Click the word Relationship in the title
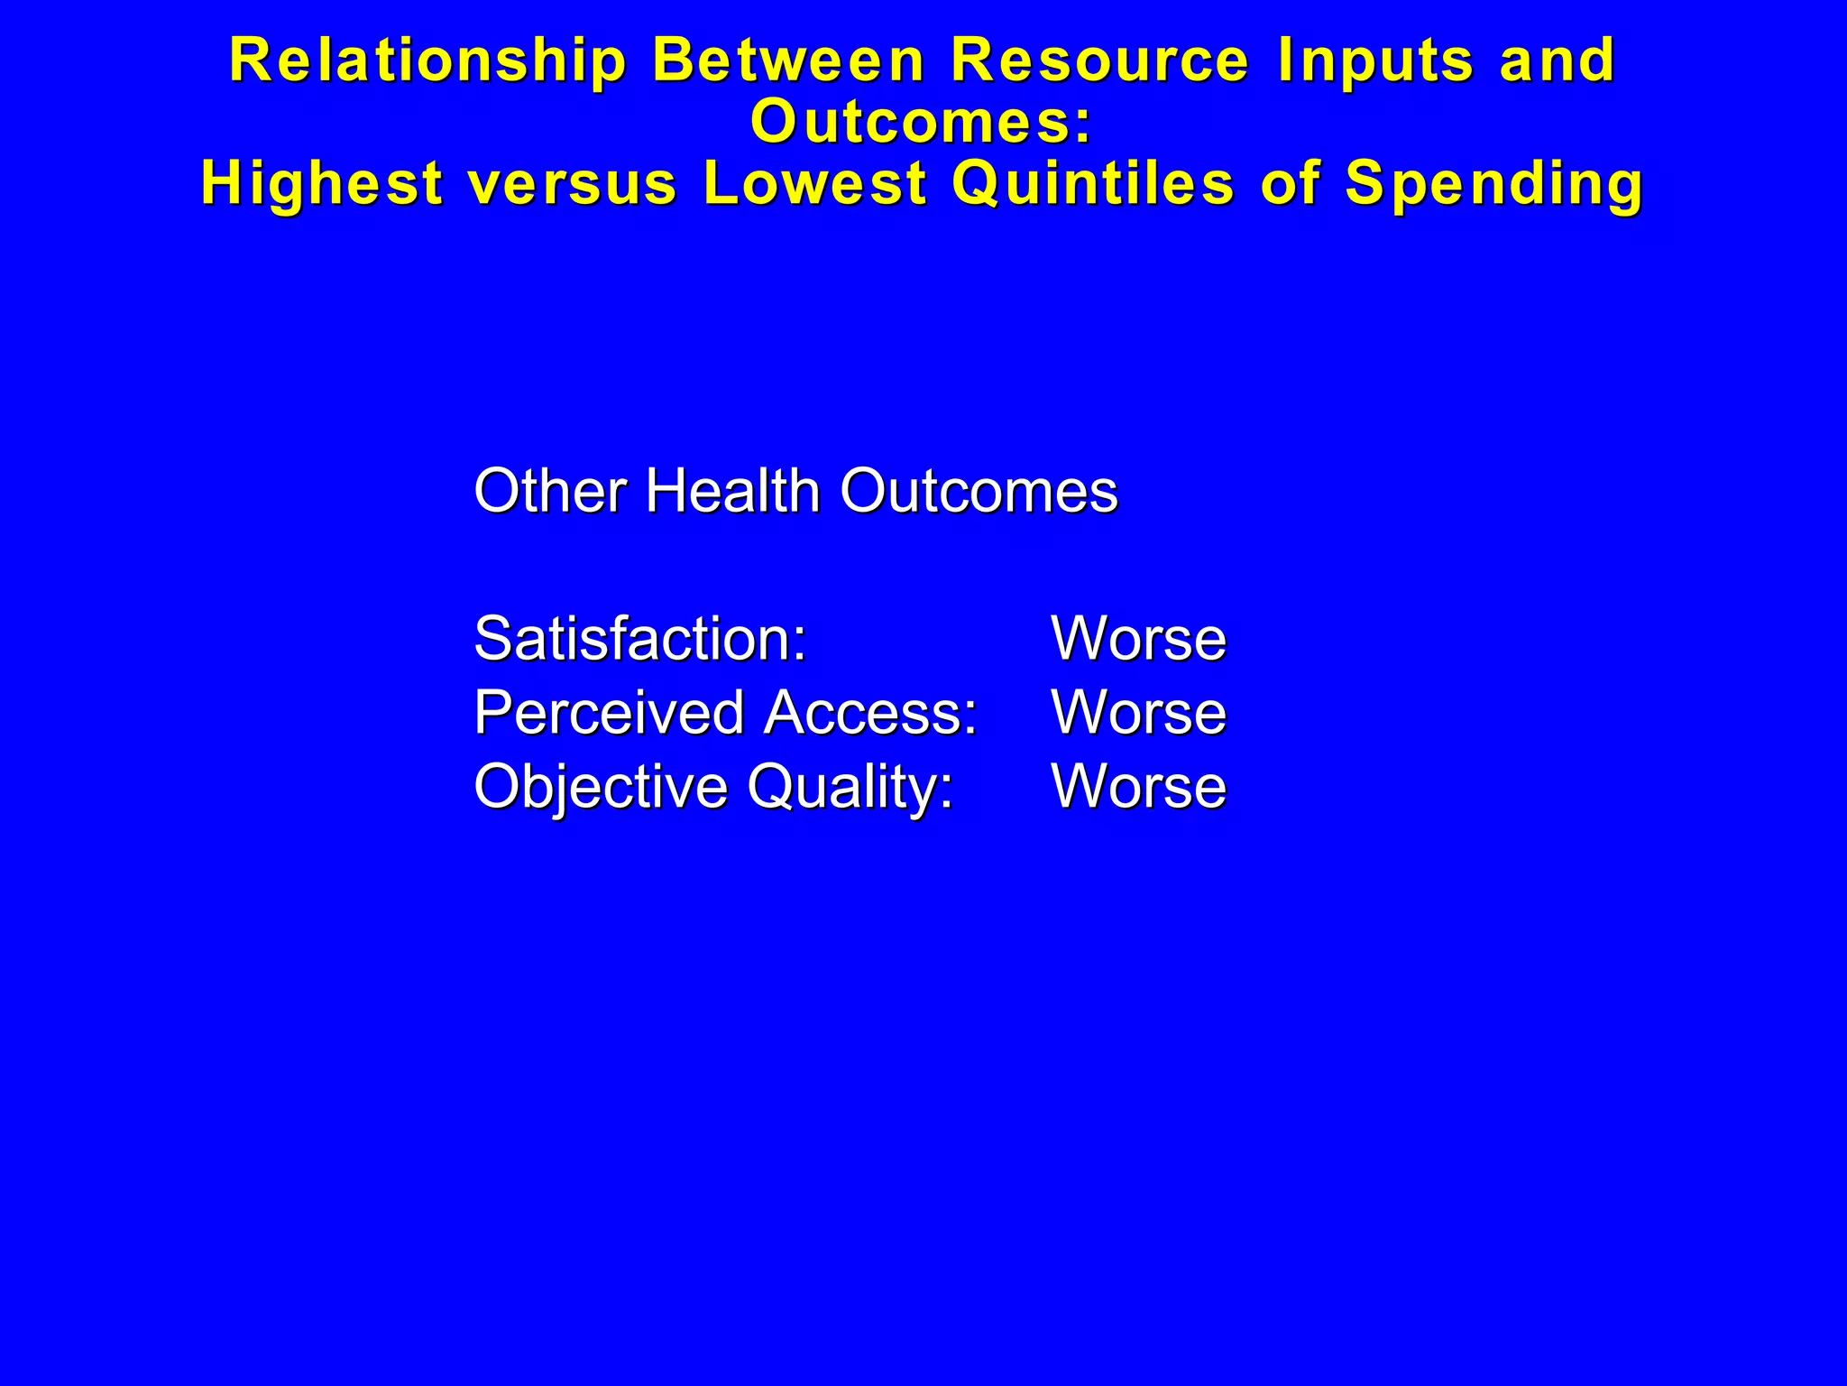click(x=427, y=61)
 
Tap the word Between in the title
click(x=788, y=61)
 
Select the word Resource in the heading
click(x=1100, y=61)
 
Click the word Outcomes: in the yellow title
click(x=922, y=122)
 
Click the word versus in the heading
click(x=573, y=183)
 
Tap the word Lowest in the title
click(x=815, y=183)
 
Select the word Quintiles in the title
click(x=1093, y=183)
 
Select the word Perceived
click(x=609, y=713)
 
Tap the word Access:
click(x=870, y=712)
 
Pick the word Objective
click(x=601, y=787)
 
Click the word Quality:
click(x=850, y=788)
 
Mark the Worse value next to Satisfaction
click(x=1138, y=639)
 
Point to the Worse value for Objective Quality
click(x=1138, y=787)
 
